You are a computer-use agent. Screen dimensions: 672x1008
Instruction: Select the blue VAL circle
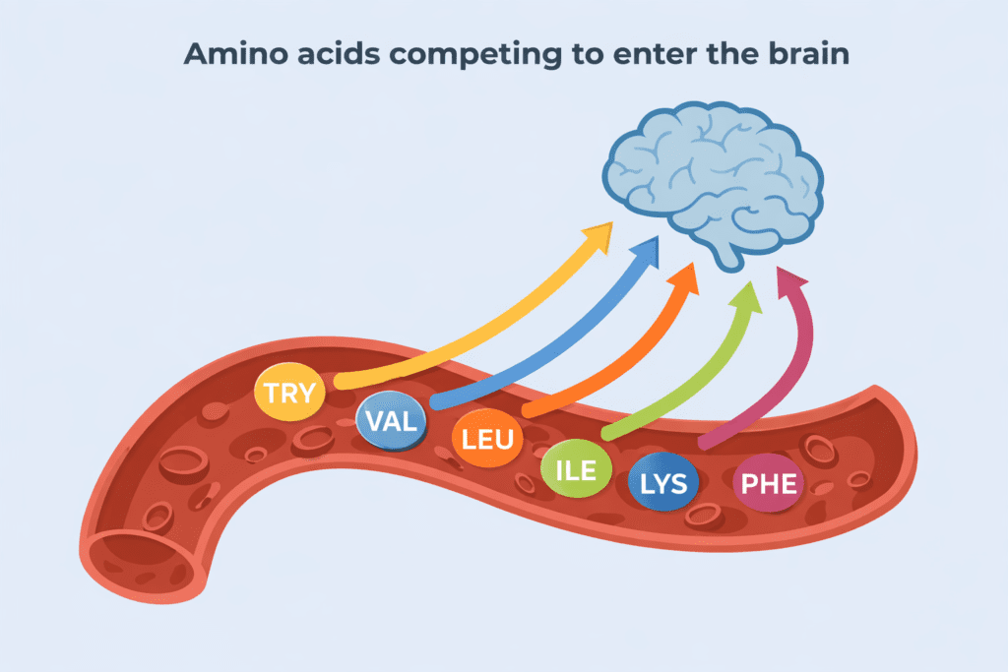tap(392, 422)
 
